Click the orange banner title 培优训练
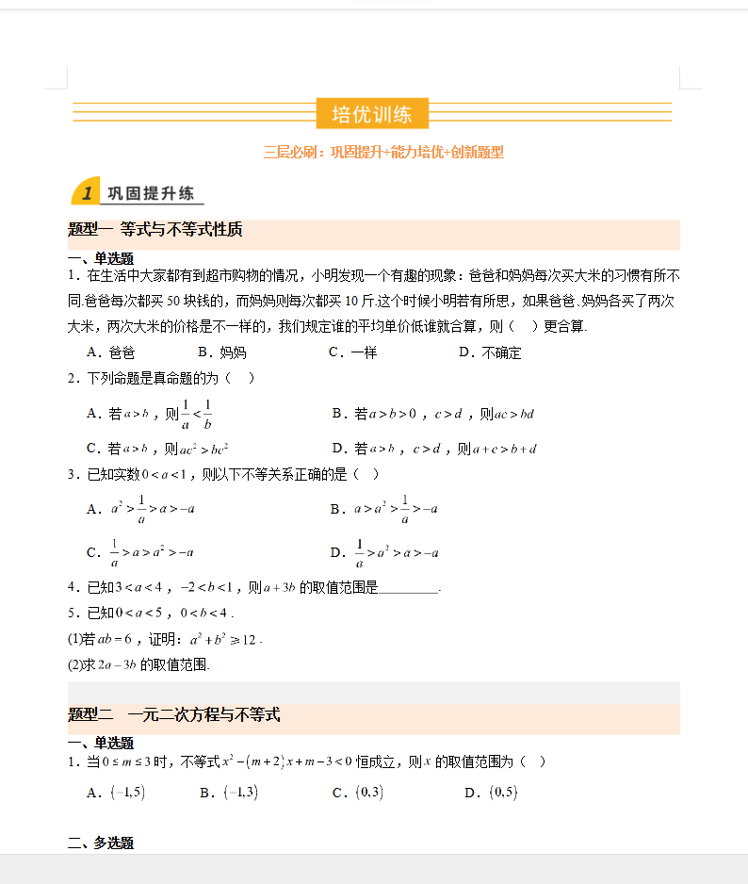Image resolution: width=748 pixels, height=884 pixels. click(x=372, y=114)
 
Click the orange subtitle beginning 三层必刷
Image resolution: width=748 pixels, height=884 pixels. click(x=383, y=152)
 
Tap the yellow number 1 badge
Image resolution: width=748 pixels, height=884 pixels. click(x=87, y=193)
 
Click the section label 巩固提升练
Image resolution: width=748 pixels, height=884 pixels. click(x=151, y=193)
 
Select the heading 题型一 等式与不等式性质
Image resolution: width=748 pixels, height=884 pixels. click(x=155, y=229)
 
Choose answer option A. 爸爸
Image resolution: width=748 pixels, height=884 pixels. click(x=110, y=352)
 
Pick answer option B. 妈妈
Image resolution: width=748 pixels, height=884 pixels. click(x=221, y=352)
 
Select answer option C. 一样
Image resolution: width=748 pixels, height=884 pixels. click(x=352, y=352)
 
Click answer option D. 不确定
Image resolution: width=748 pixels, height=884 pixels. click(x=490, y=352)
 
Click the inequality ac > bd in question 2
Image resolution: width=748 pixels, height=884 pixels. click(x=513, y=414)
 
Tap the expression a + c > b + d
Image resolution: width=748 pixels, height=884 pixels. click(x=504, y=449)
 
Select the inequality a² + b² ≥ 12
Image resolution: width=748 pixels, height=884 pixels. click(x=222, y=640)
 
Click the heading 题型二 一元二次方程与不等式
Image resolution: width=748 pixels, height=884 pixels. click(x=174, y=715)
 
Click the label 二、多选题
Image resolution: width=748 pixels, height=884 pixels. click(x=100, y=843)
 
